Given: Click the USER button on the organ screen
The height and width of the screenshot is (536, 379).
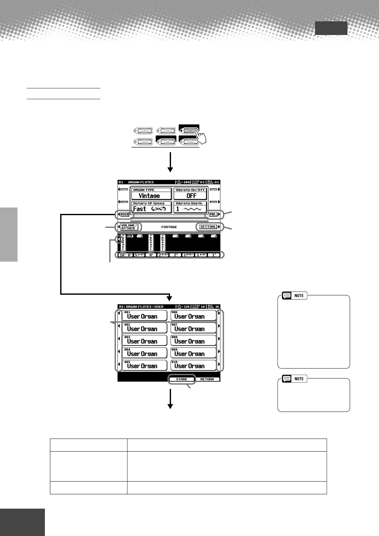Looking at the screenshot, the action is pos(125,214).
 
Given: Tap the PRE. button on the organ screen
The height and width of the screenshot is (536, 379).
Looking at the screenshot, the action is pos(213,214).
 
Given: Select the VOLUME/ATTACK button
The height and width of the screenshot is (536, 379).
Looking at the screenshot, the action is pos(129,227).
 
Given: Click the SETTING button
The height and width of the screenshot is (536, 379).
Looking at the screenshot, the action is pos(208,227).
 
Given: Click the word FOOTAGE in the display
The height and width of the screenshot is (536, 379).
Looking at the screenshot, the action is pos(169,227).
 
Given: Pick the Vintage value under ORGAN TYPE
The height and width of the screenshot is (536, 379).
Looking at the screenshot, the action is pos(149,196).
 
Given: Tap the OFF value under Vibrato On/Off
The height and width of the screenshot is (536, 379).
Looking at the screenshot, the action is pos(191,196).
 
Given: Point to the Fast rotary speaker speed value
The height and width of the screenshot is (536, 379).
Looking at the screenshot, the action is pos(139,209).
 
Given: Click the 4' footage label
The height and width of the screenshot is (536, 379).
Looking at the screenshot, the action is pos(151,255).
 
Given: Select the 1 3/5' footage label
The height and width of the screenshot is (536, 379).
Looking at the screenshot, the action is pos(188,255).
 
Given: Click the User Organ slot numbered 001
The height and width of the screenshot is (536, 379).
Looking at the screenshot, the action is pos(145,315).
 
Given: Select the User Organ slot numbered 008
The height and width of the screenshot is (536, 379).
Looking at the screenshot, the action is pos(193,340).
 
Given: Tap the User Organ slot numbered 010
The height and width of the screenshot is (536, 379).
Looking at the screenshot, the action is pos(193,365).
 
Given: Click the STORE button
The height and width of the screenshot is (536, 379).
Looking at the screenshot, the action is pos(182,379).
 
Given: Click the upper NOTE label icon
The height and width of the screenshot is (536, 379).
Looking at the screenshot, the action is pos(295,295).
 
